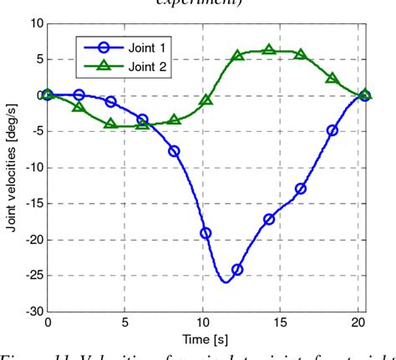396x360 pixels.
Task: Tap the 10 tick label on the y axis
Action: [x=35, y=23]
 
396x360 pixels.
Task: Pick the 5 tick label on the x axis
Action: [x=126, y=322]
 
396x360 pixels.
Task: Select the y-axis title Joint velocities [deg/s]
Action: [x=11, y=167]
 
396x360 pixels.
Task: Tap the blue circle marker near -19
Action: [x=206, y=233]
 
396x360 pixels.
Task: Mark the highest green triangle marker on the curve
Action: [x=269, y=50]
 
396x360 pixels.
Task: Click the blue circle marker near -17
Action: [x=269, y=219]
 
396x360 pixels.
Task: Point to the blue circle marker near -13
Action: [x=301, y=189]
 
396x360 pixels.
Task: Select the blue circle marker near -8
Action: [x=174, y=151]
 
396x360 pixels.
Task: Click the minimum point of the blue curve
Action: [x=226, y=282]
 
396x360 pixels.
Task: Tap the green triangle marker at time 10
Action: [x=206, y=100]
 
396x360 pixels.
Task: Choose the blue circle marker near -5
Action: [x=333, y=130]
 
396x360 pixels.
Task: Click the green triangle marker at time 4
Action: [x=110, y=124]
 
